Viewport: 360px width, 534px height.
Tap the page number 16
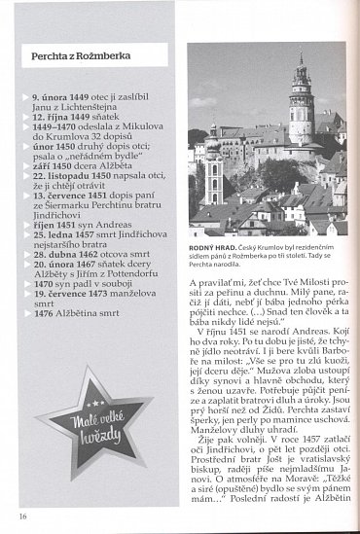[20, 515]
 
